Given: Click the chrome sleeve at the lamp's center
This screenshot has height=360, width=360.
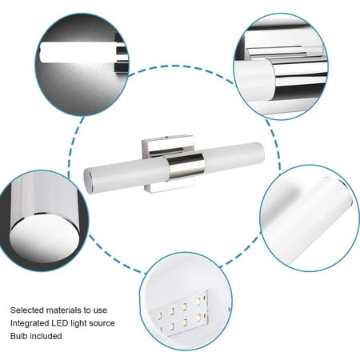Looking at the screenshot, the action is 186,166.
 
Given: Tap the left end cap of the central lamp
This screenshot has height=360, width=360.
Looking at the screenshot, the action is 88,180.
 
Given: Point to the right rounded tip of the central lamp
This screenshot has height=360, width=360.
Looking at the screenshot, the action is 262,153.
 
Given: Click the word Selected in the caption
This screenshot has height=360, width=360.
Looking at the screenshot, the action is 27,310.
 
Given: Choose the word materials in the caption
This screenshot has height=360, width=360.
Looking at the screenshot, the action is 63,310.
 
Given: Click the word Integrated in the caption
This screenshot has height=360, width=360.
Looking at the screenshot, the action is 30,323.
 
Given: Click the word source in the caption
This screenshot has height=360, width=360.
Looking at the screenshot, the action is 102,323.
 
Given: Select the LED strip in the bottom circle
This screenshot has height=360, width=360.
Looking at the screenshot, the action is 182,313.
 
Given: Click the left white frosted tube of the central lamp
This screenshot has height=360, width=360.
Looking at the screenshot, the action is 126,174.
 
